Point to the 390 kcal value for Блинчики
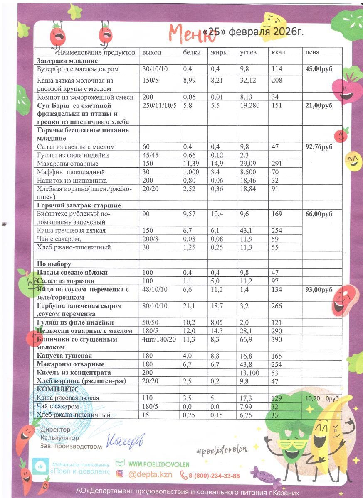[x=277, y=339]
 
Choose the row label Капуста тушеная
[x=64, y=356]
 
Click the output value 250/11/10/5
[x=160, y=105]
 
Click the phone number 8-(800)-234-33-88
[x=215, y=476]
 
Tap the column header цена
[x=312, y=53]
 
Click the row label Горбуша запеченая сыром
[x=79, y=306]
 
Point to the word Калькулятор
[x=60, y=438]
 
